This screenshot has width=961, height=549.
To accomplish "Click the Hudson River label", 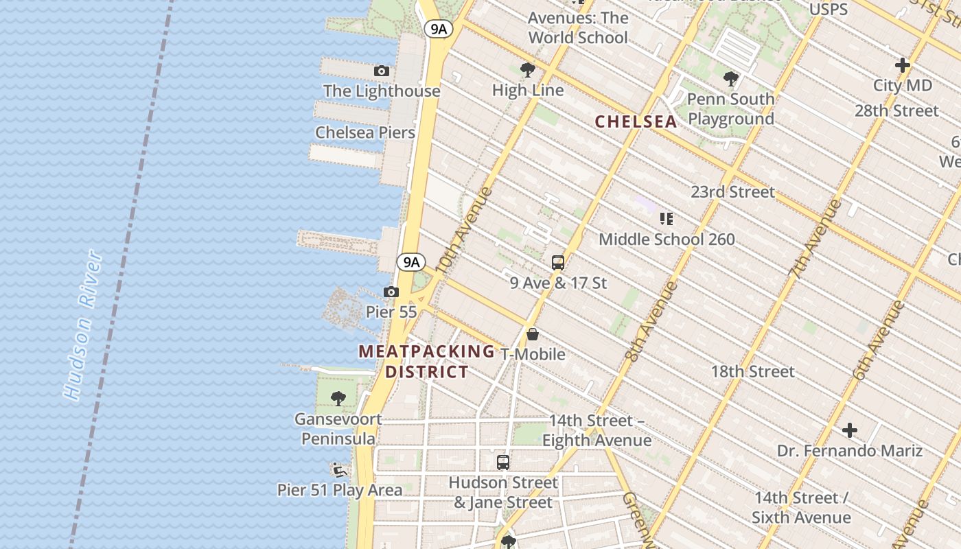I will (84, 325).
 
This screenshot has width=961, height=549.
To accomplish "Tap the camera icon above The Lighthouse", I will (382, 71).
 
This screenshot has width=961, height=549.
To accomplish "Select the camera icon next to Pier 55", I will (391, 292).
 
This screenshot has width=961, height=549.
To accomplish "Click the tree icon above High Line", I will (527, 69).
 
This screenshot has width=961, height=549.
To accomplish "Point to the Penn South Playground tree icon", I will (731, 79).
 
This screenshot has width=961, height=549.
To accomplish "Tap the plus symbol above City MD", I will (903, 65).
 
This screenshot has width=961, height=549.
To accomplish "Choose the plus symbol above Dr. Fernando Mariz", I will (850, 430).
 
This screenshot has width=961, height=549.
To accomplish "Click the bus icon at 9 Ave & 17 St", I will (558, 262).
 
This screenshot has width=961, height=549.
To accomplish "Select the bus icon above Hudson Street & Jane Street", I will (503, 462).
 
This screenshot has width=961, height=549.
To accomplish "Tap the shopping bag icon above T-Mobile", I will (533, 334).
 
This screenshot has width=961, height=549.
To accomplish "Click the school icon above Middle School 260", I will (666, 219).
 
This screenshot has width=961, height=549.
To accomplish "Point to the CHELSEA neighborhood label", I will (636, 121).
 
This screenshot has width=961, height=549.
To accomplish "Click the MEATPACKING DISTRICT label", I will (427, 362).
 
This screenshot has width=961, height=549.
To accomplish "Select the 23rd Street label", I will (732, 191).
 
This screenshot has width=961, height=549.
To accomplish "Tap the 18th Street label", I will (752, 371).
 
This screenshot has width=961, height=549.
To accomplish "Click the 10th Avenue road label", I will (464, 231).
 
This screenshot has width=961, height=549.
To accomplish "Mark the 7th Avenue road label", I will (815, 239).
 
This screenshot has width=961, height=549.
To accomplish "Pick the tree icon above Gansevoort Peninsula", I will (338, 398).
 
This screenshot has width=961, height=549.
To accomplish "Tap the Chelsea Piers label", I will (365, 132).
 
